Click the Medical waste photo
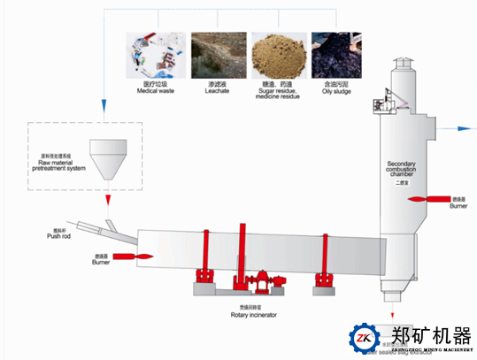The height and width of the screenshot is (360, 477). (156, 55)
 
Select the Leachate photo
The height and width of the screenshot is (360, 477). (217, 55)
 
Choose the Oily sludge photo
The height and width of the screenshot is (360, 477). (336, 55)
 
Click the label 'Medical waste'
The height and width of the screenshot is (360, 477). (156, 89)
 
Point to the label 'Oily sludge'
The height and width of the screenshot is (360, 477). (336, 89)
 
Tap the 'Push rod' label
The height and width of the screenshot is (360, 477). (58, 236)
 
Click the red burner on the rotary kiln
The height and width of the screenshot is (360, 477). (123, 257)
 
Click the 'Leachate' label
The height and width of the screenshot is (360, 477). (217, 89)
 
